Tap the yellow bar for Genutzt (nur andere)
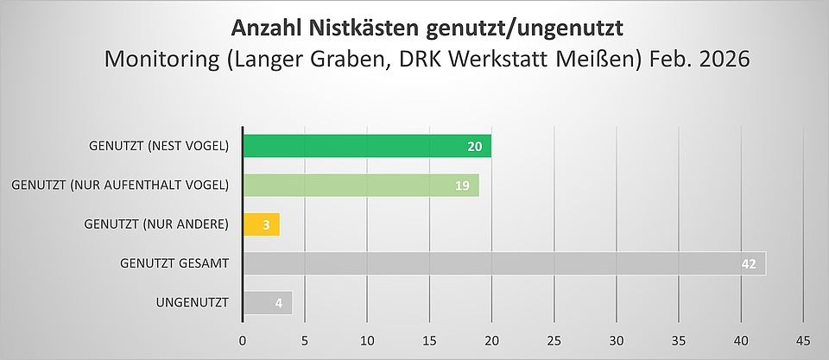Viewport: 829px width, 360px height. click(x=261, y=224)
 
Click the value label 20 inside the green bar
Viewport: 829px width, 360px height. click(x=474, y=146)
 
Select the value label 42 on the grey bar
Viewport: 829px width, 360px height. click(x=749, y=263)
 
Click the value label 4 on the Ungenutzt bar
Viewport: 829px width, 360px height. click(x=278, y=303)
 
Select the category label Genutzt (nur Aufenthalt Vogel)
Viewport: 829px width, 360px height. click(x=120, y=186)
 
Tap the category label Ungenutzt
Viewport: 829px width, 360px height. click(x=193, y=303)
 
